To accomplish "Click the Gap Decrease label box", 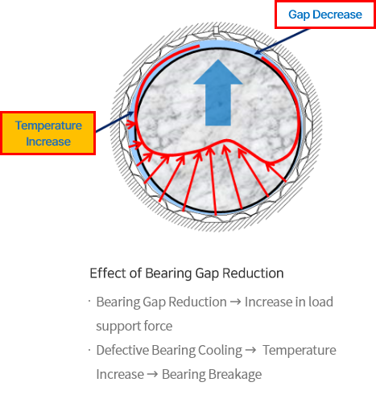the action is (x=325, y=14).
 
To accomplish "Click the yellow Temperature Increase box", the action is (x=48, y=134).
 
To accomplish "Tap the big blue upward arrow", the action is (x=218, y=92).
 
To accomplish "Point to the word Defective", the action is (x=122, y=350).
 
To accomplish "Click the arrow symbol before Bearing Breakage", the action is (x=152, y=375).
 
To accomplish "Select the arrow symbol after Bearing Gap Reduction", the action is (x=236, y=302).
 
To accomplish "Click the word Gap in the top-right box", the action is (x=300, y=14).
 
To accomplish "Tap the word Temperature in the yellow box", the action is (x=48, y=125).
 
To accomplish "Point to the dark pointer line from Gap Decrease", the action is (x=282, y=41).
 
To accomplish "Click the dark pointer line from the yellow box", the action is (x=114, y=122).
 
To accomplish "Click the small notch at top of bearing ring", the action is (x=217, y=30).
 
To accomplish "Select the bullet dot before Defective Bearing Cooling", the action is (x=89, y=350).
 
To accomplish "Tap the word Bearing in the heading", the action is (x=168, y=273).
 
